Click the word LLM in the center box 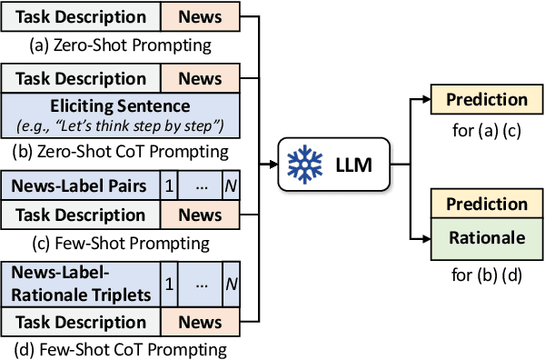348,165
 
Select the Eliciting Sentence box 121,114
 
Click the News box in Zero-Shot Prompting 201,17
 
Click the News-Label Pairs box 81,187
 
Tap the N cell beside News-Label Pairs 231,187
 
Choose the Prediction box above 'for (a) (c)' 487,100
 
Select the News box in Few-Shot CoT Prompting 201,323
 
